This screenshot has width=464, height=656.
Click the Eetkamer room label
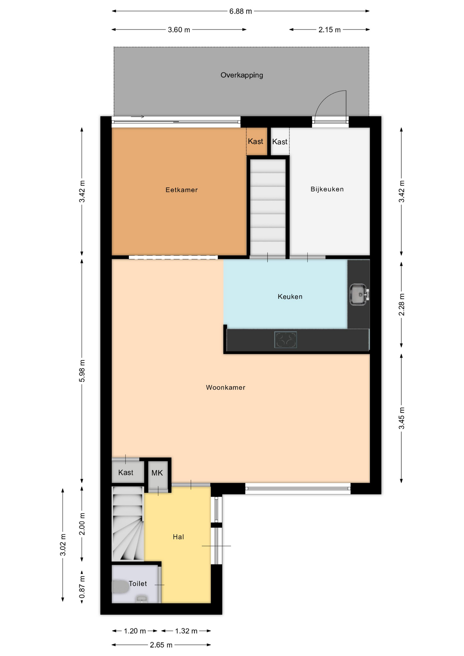click(181, 190)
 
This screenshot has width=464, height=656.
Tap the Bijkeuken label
click(327, 189)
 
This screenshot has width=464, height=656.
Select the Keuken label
click(290, 297)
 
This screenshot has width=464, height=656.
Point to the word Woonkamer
click(226, 387)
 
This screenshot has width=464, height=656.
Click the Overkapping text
click(242, 75)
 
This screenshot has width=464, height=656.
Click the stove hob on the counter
click(285, 340)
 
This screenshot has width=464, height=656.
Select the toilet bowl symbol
click(121, 587)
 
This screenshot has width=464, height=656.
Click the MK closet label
click(157, 473)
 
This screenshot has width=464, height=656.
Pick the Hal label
click(178, 537)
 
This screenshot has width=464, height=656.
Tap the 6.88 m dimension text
click(241, 11)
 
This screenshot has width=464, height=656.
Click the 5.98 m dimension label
click(82, 371)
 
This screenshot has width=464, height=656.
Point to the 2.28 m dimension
click(402, 304)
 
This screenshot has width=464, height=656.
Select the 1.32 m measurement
click(186, 631)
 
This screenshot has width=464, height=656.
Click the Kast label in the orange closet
click(256, 141)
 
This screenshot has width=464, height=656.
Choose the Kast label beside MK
click(126, 473)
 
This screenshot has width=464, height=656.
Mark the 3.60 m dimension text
click(179, 30)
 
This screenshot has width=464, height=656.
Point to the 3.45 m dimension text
click(402, 418)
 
